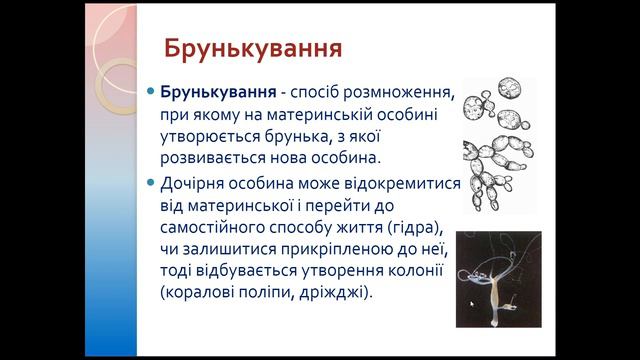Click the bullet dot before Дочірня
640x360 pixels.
151,182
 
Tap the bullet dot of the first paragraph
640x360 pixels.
151,91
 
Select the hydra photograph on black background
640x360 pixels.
498,279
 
